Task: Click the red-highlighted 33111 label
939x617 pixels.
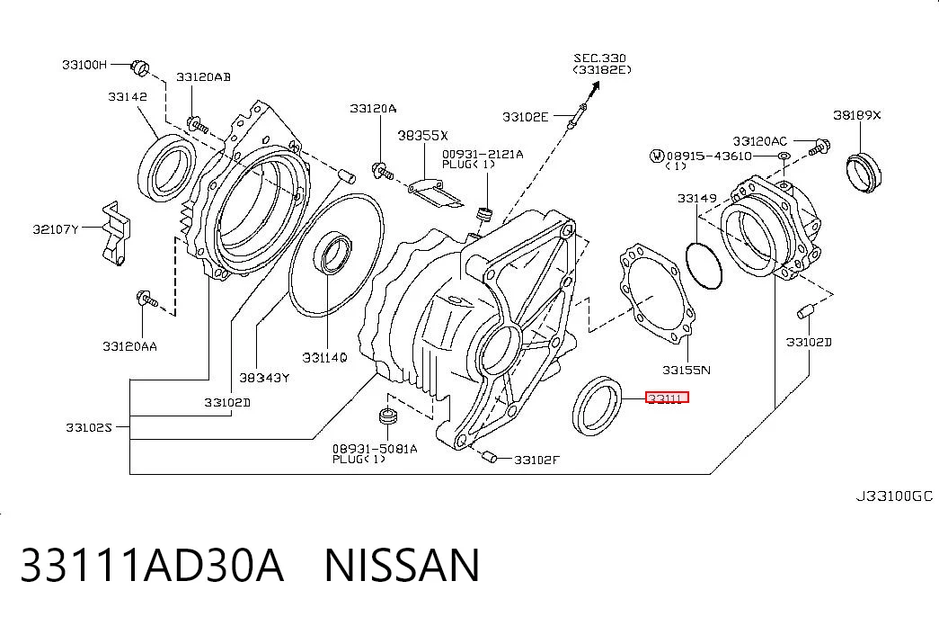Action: [x=667, y=398]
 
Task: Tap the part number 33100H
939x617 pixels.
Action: [x=84, y=64]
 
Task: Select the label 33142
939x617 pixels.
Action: [x=128, y=96]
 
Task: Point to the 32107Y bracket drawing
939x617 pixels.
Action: [x=116, y=233]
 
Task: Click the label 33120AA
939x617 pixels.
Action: [x=130, y=346]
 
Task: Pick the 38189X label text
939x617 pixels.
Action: [x=857, y=115]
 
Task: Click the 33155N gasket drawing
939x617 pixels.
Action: [x=657, y=293]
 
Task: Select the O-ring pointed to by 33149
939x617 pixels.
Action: [x=704, y=265]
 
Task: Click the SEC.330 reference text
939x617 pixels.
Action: [x=600, y=58]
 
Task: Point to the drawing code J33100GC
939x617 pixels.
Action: [x=893, y=496]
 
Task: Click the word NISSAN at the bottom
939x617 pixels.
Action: [x=402, y=565]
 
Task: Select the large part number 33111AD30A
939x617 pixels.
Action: [x=152, y=565]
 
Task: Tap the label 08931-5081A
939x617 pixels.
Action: [x=375, y=449]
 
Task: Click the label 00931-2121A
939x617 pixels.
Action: [x=483, y=154]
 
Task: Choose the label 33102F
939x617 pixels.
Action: [x=537, y=460]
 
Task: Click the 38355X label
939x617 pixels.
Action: [x=423, y=136]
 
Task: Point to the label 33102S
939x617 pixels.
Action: [x=89, y=427]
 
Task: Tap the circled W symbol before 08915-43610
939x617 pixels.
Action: [x=657, y=156]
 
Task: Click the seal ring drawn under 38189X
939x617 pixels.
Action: [x=864, y=174]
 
